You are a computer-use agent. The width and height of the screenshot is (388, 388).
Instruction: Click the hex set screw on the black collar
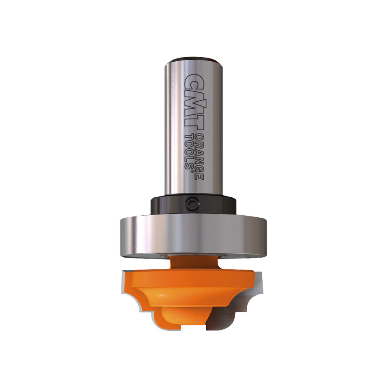(192, 203)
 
